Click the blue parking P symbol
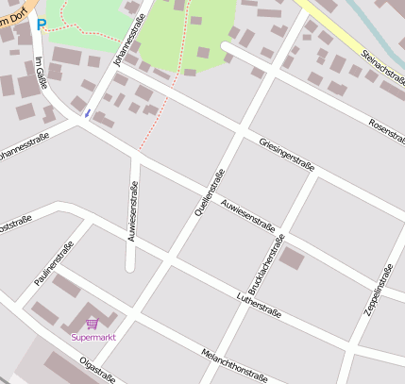click(x=41, y=25)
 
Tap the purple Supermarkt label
click(x=93, y=337)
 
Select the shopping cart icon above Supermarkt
click(x=92, y=324)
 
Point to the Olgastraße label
click(x=97, y=370)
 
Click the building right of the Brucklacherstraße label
click(x=292, y=258)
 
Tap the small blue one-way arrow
click(x=87, y=113)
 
